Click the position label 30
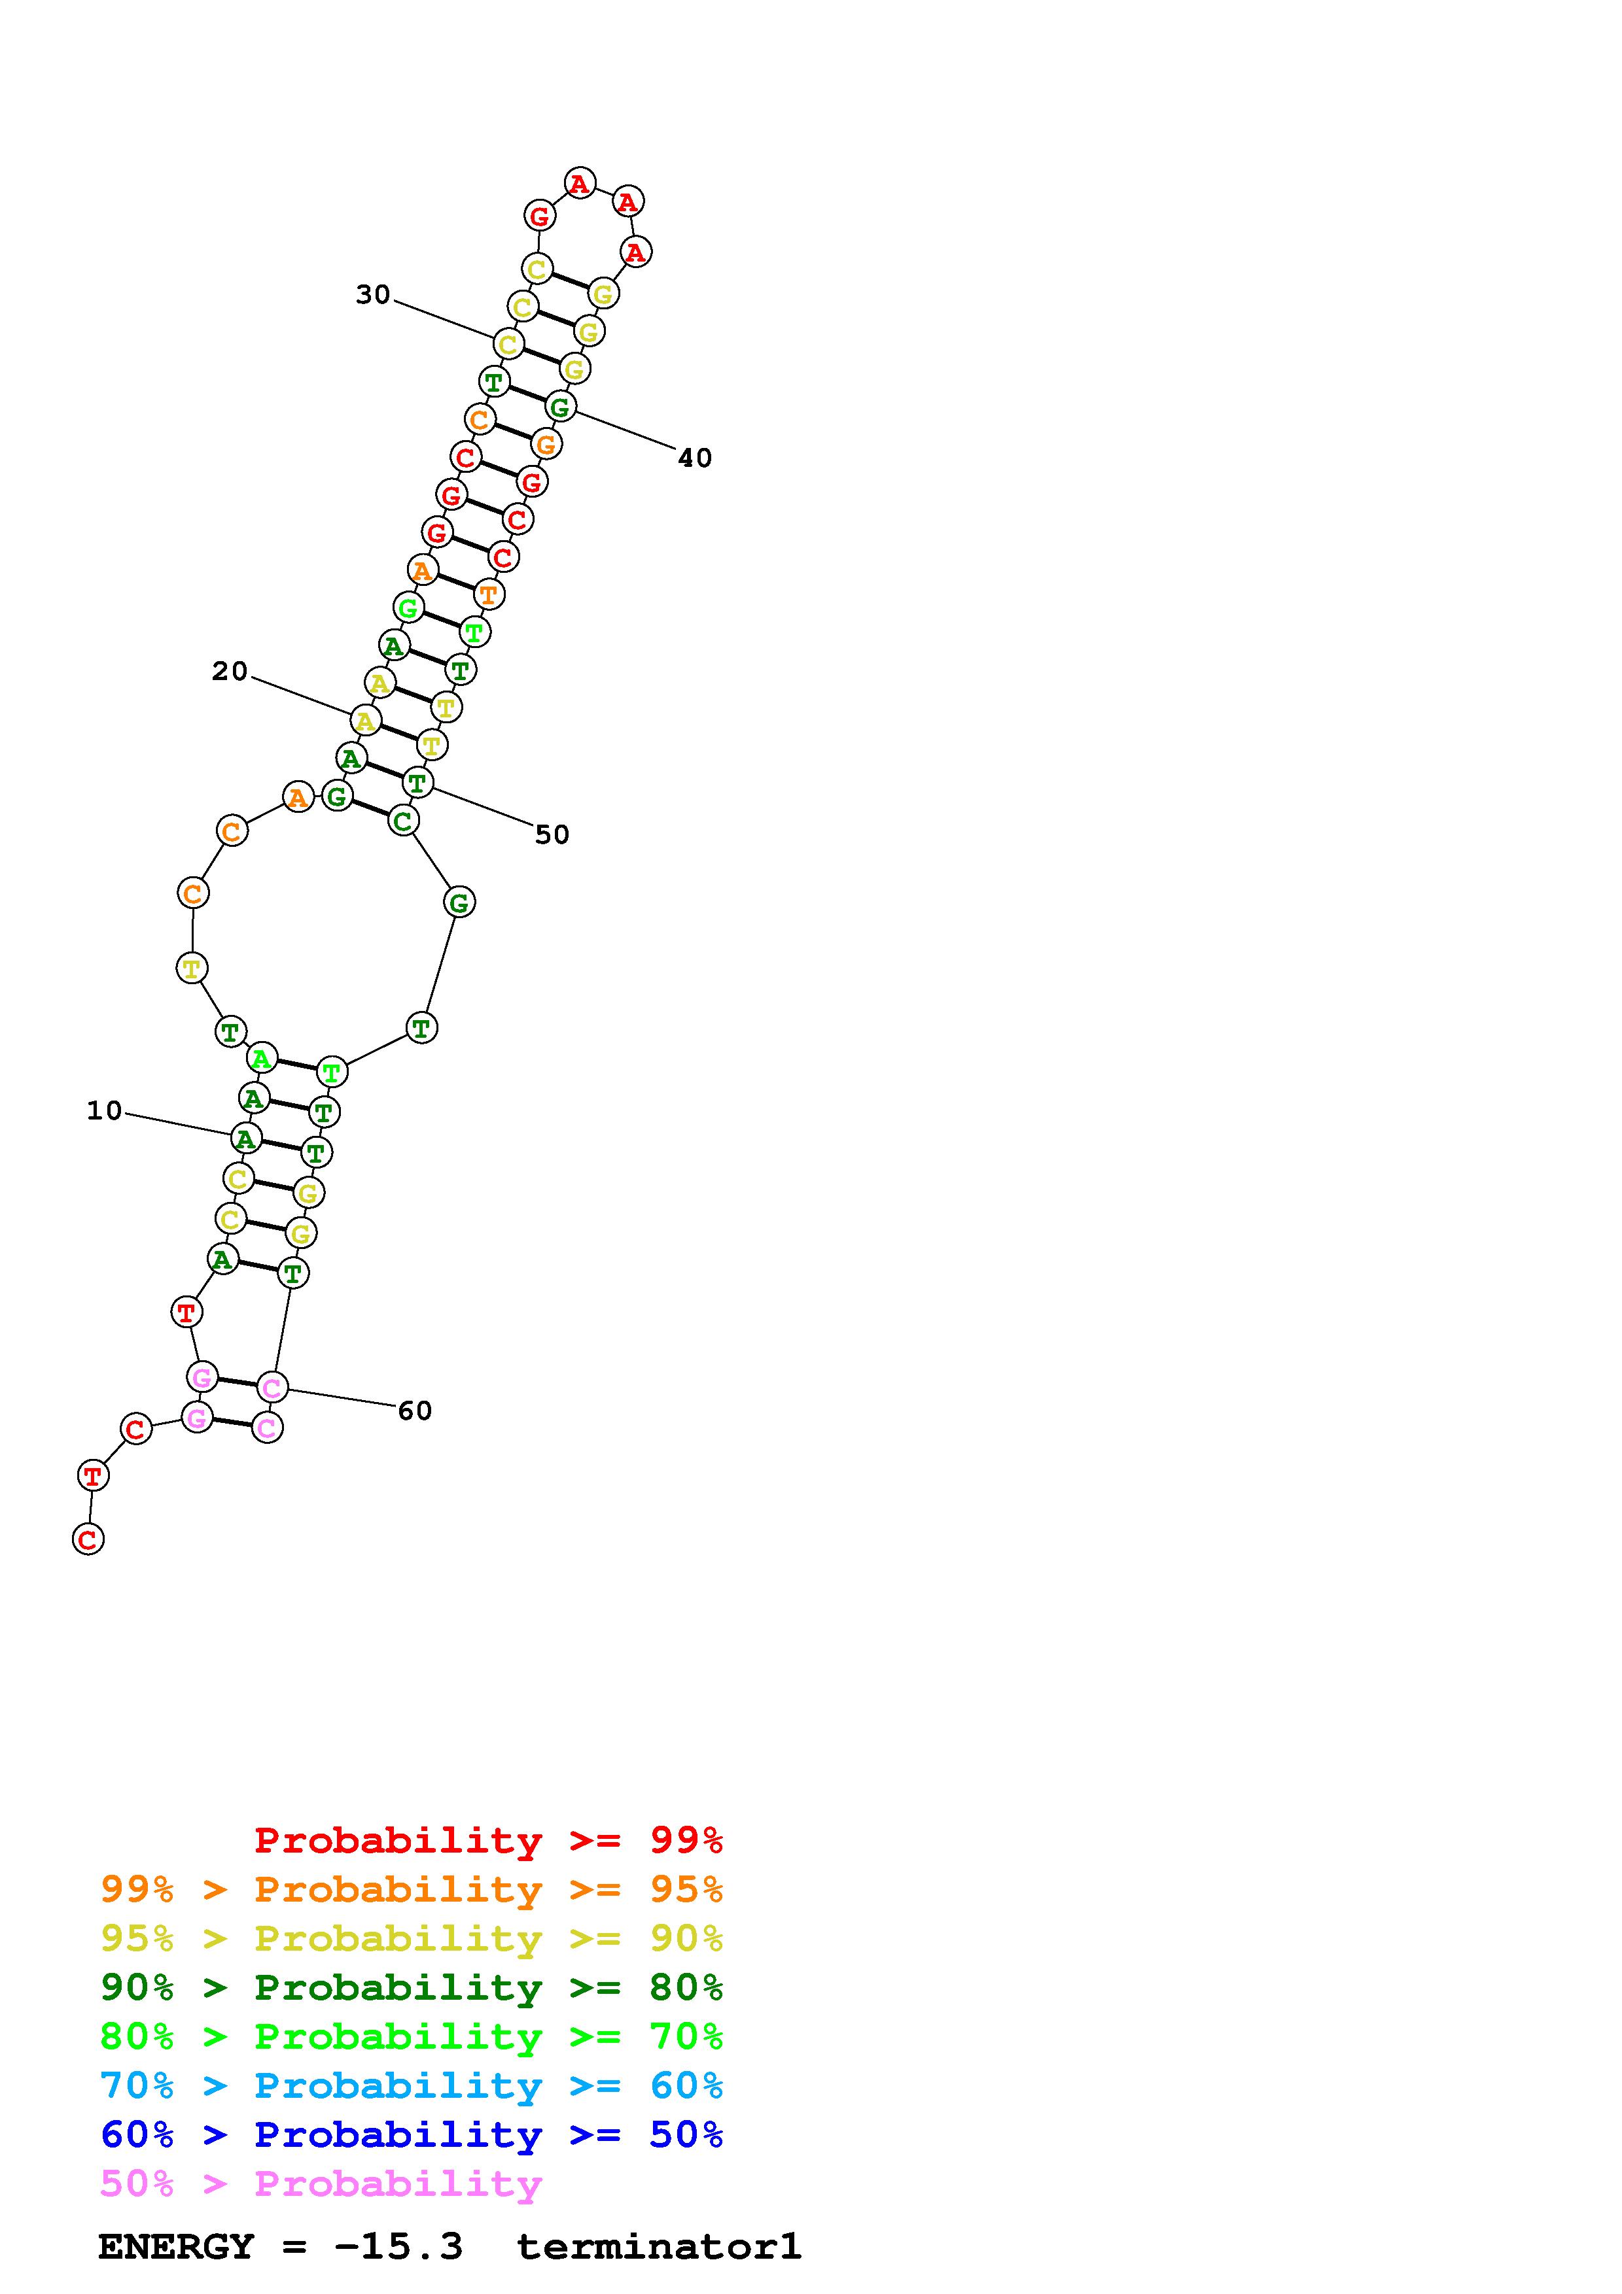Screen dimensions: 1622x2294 point(373,295)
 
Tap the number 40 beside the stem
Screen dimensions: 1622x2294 point(695,458)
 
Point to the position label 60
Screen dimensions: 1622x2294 point(415,1411)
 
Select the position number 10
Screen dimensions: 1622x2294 point(104,1111)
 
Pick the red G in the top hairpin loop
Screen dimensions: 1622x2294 point(540,214)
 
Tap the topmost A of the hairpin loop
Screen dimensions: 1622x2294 point(580,184)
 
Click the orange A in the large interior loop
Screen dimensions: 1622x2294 point(298,797)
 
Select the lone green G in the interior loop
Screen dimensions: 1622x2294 point(459,903)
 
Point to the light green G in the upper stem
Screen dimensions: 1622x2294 point(408,608)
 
